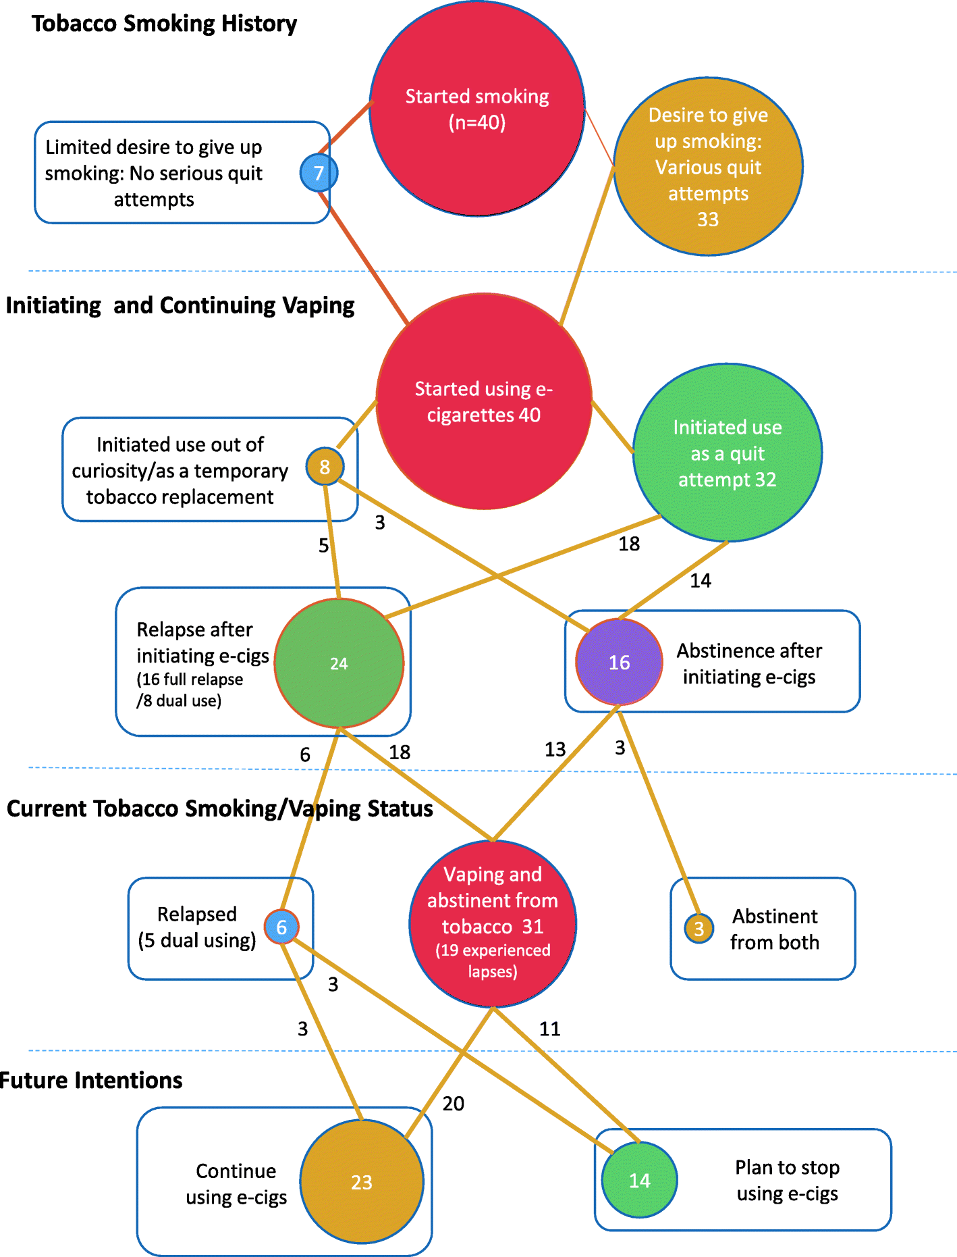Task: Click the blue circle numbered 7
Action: pos(319,173)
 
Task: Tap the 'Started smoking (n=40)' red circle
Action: pos(477,109)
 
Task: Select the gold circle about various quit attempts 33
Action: pos(708,167)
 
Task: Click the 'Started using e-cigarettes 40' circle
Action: pos(484,401)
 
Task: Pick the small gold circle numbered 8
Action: pos(325,466)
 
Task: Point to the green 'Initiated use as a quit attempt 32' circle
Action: pos(728,453)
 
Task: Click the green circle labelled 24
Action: pos(339,663)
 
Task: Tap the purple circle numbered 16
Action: pos(619,662)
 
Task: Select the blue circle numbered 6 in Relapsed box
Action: pos(281,927)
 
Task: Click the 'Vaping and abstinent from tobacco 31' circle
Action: pos(493,923)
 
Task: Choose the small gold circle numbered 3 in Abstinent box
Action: pos(699,929)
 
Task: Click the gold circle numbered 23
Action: pos(362,1181)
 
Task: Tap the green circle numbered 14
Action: pos(639,1180)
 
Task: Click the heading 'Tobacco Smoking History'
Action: pos(164,24)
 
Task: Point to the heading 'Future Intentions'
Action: pos(91,1080)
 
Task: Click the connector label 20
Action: pos(454,1104)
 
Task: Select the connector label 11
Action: pos(550,1029)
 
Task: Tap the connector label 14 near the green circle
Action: pos(701,580)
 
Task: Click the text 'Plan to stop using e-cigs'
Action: pos(787,1180)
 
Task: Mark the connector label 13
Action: pos(555,749)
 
